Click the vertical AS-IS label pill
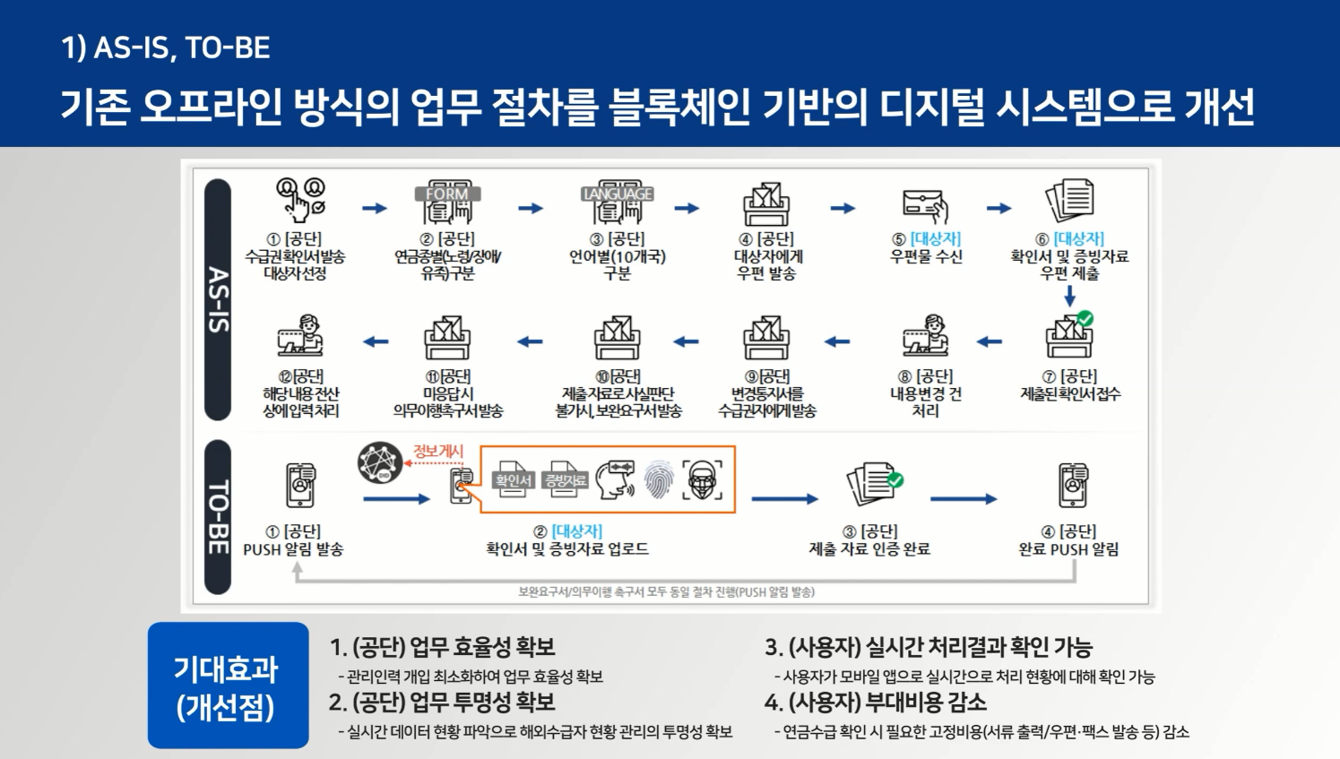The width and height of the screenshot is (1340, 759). [x=218, y=299]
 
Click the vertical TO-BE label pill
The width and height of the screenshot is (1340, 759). [x=218, y=517]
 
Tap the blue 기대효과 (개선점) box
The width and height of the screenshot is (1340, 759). [x=228, y=686]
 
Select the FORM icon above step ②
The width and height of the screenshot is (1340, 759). [x=447, y=203]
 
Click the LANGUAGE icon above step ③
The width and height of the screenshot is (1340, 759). [x=618, y=203]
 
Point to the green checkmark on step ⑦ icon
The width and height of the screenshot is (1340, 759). [x=1085, y=319]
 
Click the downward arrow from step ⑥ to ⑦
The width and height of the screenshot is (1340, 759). [x=1069, y=296]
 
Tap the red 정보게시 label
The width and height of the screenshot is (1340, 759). [x=437, y=451]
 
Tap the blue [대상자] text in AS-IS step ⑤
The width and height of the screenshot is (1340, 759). [x=935, y=239]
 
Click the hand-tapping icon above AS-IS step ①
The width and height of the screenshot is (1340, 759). [x=300, y=199]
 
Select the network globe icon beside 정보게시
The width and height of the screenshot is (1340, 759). [x=379, y=463]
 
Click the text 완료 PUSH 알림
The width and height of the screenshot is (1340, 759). [x=1068, y=549]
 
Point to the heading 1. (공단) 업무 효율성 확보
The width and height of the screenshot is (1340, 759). [x=442, y=647]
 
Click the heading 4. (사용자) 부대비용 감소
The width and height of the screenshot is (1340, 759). [x=875, y=703]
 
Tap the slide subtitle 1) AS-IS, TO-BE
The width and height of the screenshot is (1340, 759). [x=166, y=47]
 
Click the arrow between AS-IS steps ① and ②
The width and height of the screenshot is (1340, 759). [x=374, y=209]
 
